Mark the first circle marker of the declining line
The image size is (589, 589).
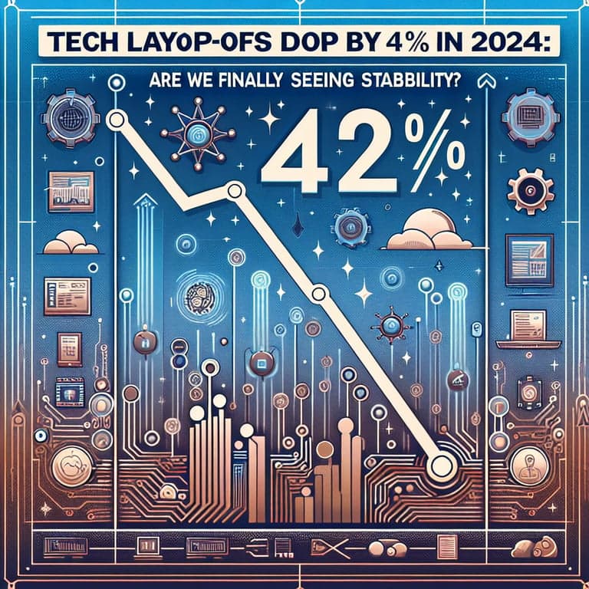[x=116, y=120]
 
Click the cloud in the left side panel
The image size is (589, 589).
[x=71, y=243]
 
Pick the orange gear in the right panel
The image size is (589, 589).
[x=529, y=189]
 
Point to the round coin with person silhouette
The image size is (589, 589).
[x=528, y=465]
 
